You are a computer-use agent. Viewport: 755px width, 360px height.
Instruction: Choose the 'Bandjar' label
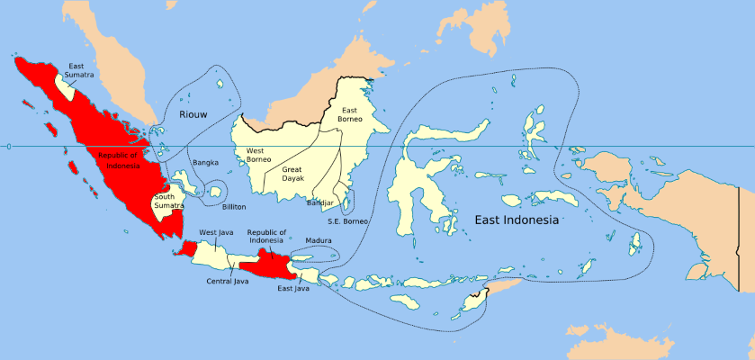(x=320, y=202)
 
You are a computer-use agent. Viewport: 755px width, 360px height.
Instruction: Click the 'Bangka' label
(x=205, y=163)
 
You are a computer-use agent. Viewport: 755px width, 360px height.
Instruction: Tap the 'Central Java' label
(x=226, y=281)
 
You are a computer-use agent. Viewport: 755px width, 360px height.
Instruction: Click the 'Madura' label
(x=319, y=241)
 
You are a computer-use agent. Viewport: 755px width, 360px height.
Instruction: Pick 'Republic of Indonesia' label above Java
(x=265, y=236)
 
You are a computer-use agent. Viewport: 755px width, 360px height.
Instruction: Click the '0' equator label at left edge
(x=6, y=146)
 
